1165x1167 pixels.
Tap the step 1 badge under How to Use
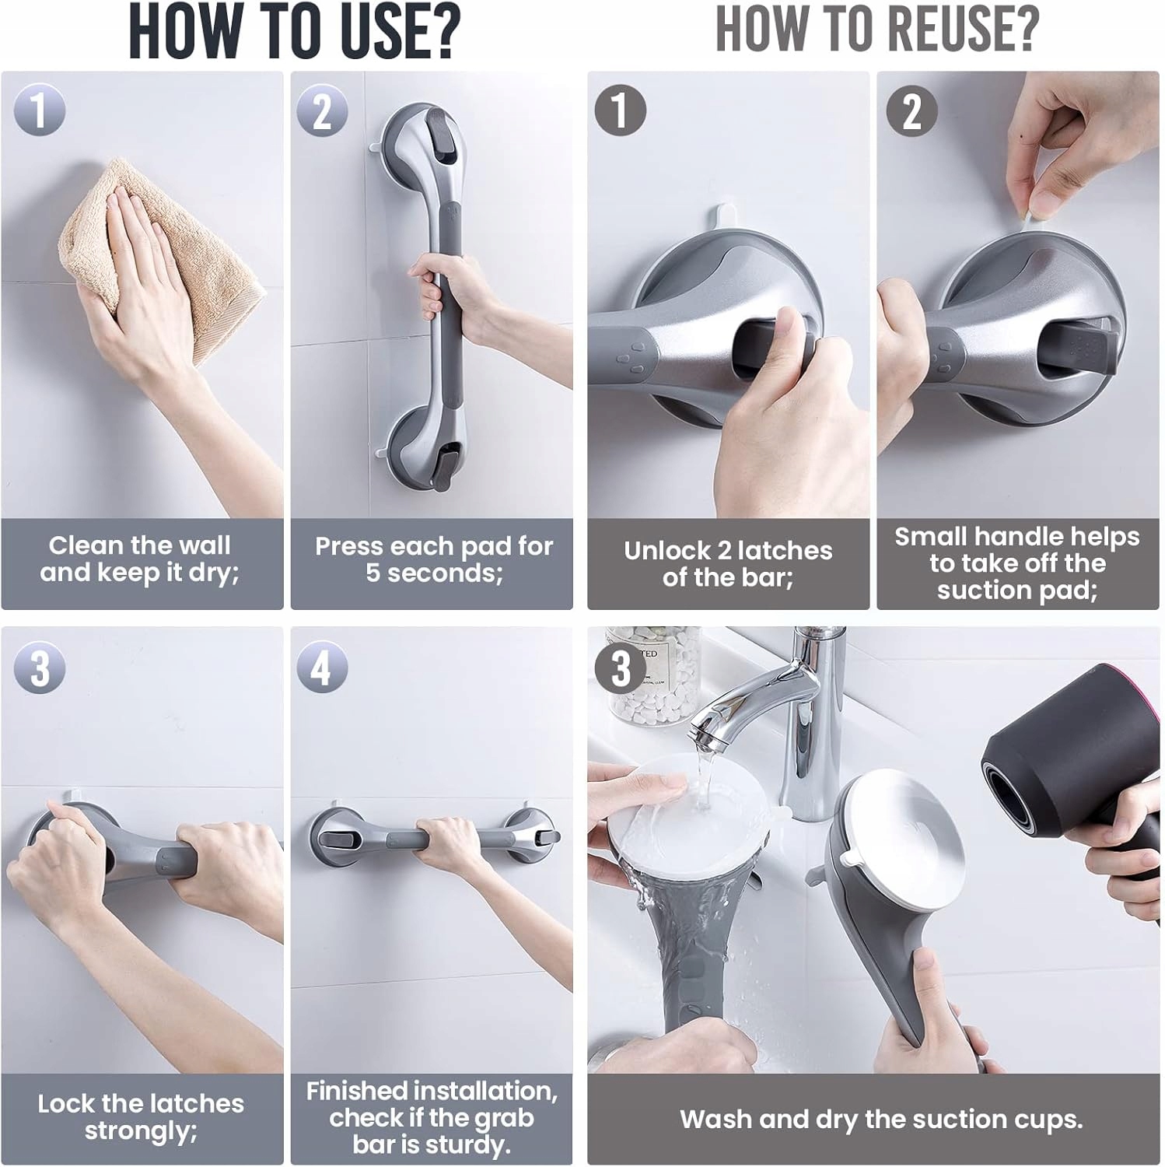40,110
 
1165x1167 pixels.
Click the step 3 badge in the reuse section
621,668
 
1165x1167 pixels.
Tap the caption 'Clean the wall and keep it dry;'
140,559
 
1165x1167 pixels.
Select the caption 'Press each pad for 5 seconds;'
434,559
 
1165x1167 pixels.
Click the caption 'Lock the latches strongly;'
141,1116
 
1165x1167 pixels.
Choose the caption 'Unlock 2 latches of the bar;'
728,563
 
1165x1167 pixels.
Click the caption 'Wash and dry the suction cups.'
881,1119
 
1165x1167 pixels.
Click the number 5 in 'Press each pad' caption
373,573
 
